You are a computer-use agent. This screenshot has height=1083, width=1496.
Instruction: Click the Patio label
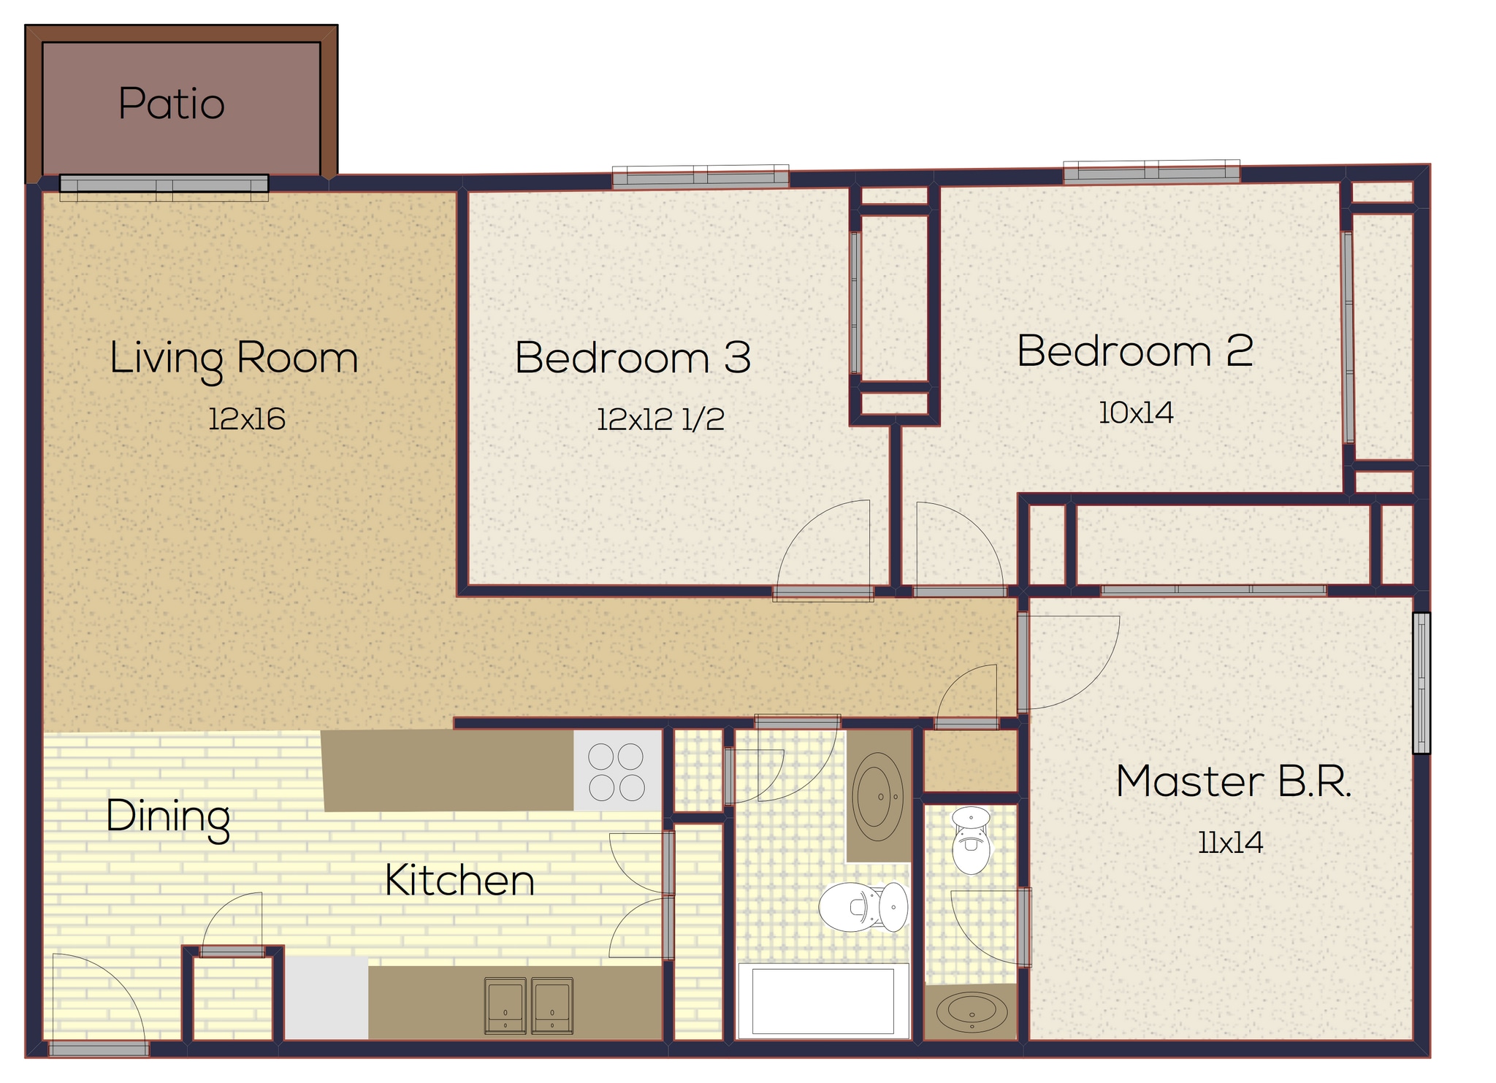pos(172,104)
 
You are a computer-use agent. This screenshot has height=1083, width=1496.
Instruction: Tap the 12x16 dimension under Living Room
pos(247,419)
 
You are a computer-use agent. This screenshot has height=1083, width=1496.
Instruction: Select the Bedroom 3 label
pos(633,358)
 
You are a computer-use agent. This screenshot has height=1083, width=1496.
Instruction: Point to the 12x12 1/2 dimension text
pos(660,419)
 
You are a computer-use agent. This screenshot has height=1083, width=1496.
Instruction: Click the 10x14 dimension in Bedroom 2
pos(1136,413)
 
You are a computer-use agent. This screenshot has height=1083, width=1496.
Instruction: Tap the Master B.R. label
pos(1234,781)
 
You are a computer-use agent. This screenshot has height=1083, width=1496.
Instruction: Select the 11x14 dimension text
pos(1230,843)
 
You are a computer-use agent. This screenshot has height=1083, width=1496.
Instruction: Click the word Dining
pos(168,816)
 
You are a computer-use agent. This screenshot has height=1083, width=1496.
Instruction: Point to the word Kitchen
pos(459,880)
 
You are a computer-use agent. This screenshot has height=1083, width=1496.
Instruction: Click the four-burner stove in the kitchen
pos(617,771)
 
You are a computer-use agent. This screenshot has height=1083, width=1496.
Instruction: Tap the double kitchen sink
pos(528,1006)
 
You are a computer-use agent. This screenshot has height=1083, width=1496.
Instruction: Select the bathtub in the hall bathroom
pos(823,1001)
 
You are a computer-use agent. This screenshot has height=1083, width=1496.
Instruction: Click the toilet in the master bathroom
pos(971,841)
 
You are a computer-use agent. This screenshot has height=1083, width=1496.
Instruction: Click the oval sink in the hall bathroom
pos(878,797)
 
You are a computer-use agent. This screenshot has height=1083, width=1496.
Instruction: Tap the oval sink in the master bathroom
pos(971,1012)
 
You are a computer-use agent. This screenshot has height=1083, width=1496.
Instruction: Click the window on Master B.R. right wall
pos(1421,683)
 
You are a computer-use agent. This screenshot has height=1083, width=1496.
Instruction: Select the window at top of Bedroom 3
pos(700,177)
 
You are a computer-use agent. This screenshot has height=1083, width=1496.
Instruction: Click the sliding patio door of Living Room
pos(164,183)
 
